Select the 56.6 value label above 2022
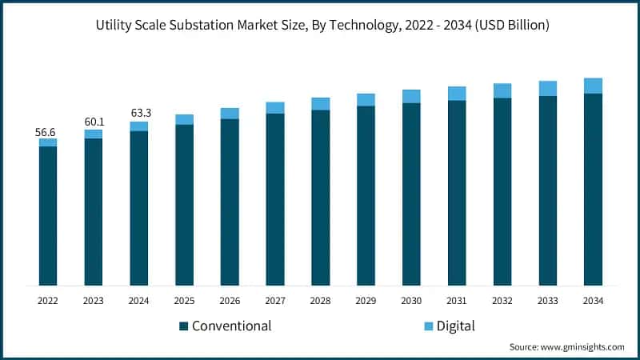48,131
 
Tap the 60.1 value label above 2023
94,122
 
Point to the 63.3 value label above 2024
139,113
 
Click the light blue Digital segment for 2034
593,86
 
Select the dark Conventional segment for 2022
48,215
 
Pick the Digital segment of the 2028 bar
321,103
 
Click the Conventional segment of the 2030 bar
411,194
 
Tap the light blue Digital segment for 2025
184,119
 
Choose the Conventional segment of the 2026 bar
230,202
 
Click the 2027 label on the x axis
275,301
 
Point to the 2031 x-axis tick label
457,301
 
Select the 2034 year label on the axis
593,301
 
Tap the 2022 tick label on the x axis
48,301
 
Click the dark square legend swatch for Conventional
183,326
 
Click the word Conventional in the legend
231,326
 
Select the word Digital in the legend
455,326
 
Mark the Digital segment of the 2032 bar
502,90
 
